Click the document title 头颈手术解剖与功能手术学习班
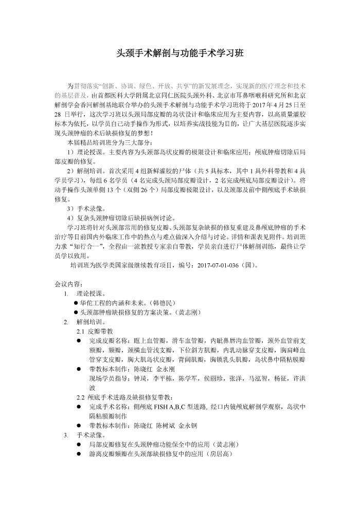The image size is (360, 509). [x=180, y=53]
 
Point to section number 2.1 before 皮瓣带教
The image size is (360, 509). [x=80, y=331]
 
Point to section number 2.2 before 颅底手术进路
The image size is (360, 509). [x=80, y=397]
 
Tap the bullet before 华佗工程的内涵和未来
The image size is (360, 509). [x=76, y=303]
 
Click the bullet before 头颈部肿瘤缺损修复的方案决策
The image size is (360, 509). [x=76, y=312]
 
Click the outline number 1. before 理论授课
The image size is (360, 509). [x=66, y=294]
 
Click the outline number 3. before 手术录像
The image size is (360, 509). [x=66, y=435]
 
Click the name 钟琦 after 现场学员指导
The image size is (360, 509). [x=141, y=378]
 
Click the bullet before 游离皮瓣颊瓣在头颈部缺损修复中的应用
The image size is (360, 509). [x=79, y=454]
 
